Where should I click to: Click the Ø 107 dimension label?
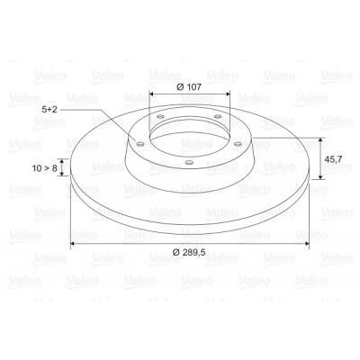coord(189,87)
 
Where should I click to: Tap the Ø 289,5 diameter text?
coord(189,252)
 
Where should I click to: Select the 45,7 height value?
coord(333,159)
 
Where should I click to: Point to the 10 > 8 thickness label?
coord(44,168)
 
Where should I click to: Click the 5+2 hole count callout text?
coord(49,110)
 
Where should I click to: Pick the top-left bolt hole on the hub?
coord(161,116)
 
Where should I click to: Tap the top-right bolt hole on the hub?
coord(218,116)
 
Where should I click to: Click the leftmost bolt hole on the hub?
coord(139,144)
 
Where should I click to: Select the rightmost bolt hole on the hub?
coord(239,144)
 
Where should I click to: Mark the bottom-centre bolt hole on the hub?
coord(189,163)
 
